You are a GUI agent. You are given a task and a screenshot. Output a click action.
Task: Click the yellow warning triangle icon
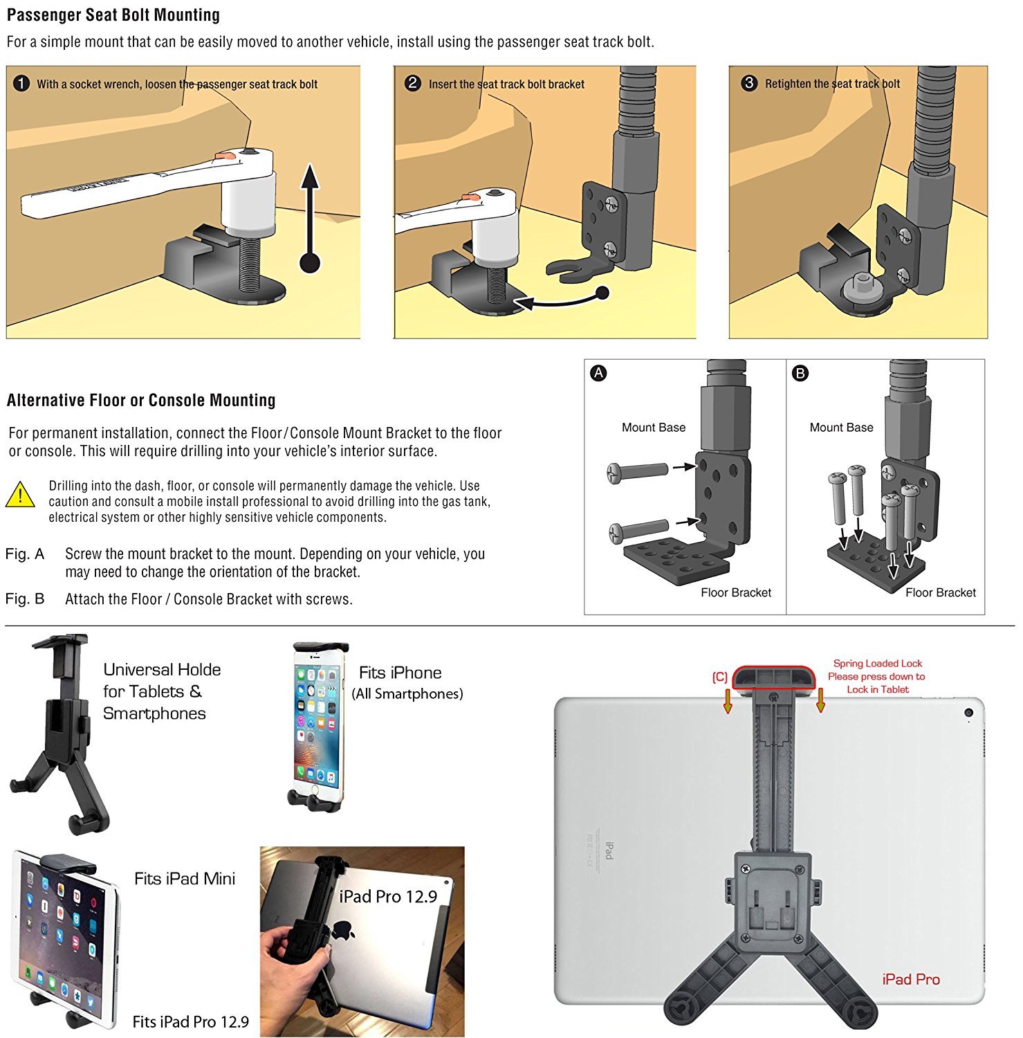click(20, 495)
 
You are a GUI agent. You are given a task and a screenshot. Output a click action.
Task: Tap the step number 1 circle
click(21, 84)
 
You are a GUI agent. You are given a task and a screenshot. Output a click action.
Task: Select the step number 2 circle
click(413, 84)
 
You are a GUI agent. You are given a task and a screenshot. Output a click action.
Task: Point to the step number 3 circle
click(749, 84)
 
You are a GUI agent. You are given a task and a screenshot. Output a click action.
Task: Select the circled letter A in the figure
click(598, 373)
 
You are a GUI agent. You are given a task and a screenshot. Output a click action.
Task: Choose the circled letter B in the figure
click(800, 373)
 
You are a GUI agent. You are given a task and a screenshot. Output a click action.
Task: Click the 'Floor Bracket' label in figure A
click(735, 592)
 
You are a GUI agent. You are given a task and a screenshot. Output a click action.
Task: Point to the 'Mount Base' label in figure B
click(841, 428)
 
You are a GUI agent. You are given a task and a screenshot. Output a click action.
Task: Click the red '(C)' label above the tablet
click(719, 677)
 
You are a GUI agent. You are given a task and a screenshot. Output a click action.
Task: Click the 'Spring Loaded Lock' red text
click(877, 664)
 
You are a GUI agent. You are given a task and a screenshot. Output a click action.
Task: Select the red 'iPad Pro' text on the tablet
click(910, 979)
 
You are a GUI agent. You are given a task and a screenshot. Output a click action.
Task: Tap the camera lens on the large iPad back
click(968, 713)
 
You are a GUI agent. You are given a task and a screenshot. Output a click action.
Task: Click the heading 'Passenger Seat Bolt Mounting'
click(113, 15)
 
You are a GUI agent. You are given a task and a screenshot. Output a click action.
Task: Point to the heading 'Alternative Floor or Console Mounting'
click(141, 401)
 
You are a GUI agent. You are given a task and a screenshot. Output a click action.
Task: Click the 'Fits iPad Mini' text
click(185, 879)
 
